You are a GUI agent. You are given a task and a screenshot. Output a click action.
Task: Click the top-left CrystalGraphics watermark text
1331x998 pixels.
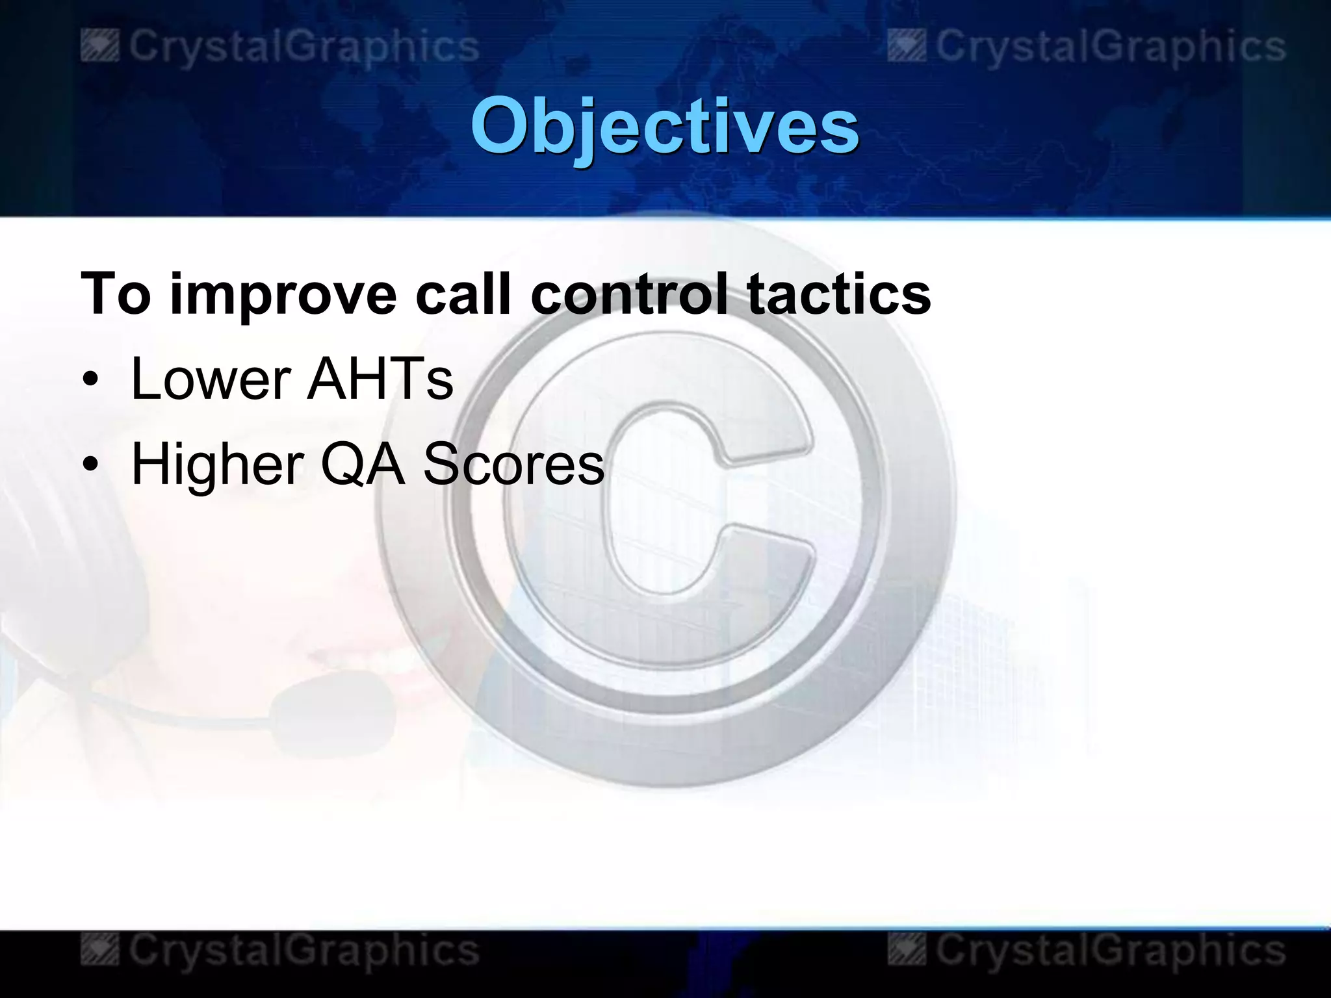(304, 47)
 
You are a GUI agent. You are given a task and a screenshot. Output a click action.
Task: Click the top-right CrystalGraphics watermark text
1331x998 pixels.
(1110, 47)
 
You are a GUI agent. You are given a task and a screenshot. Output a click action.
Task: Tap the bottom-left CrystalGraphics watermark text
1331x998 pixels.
(304, 951)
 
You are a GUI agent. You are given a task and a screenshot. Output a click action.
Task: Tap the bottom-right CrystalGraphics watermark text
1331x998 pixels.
(1110, 951)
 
